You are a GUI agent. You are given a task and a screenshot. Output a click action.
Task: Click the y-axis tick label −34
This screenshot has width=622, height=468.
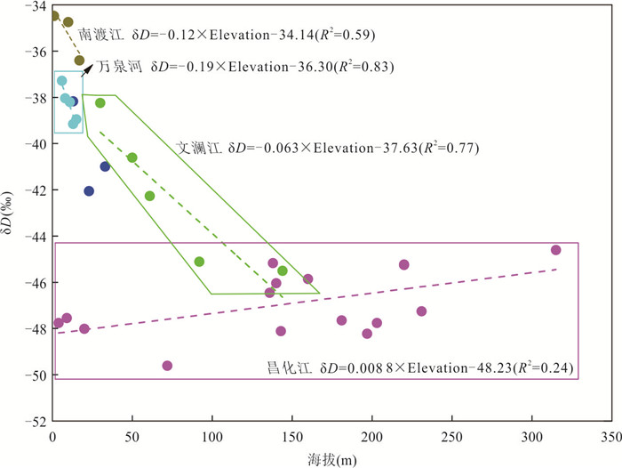(36, 6)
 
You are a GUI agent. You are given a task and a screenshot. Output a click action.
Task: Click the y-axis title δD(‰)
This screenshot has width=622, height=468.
(11, 214)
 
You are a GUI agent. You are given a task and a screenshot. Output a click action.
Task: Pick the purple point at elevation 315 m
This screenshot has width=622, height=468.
(556, 250)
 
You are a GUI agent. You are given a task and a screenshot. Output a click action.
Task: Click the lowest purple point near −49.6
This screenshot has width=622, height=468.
(167, 366)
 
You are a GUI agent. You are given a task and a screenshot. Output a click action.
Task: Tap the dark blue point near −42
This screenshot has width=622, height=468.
(89, 191)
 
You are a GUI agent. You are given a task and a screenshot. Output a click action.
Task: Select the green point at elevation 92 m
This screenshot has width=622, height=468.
(200, 262)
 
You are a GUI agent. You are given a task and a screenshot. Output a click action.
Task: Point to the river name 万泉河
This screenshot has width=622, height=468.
(120, 67)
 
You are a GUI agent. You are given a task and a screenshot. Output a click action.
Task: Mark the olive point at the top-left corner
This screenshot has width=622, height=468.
(54, 16)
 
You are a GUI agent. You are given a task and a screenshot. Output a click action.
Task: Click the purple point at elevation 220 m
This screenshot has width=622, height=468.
(404, 264)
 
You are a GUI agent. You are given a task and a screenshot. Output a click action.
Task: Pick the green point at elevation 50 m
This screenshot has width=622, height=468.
(132, 157)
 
